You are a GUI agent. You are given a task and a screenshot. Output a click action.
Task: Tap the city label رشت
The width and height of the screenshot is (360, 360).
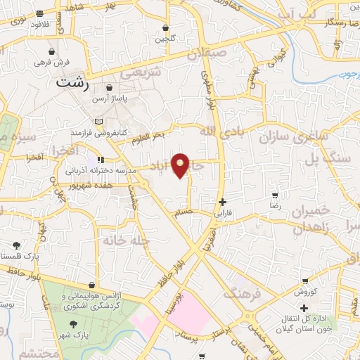click(x=72, y=82)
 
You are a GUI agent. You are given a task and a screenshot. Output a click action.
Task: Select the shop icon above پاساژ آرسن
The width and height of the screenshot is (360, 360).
click(x=110, y=87)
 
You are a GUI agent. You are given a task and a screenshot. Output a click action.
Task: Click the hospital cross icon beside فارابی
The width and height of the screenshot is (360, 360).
click(x=223, y=202)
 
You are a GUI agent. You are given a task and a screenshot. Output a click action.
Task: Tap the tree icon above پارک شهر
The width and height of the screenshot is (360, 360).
click(x=74, y=323)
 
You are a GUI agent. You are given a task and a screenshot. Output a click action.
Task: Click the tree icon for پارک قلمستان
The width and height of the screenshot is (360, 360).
click(x=16, y=245)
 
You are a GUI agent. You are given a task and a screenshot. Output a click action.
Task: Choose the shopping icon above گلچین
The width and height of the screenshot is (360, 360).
click(x=166, y=28)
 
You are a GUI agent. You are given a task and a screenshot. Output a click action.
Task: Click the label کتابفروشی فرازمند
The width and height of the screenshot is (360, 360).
click(x=99, y=131)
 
